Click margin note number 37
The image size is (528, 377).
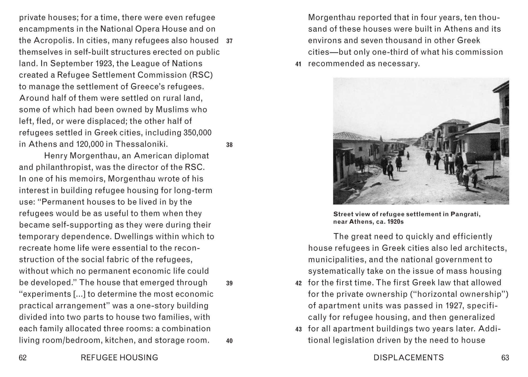[229, 41]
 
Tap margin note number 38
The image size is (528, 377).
[229, 145]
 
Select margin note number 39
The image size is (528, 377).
[229, 283]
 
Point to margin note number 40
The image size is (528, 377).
[229, 341]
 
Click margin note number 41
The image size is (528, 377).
[298, 64]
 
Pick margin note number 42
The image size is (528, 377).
[298, 283]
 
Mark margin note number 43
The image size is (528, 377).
[298, 329]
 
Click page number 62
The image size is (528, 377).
[23, 357]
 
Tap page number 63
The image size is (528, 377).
[505, 357]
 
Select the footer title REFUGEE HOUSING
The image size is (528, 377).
[119, 357]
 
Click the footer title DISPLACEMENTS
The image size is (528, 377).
[409, 357]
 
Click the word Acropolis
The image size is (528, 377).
[53, 40]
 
